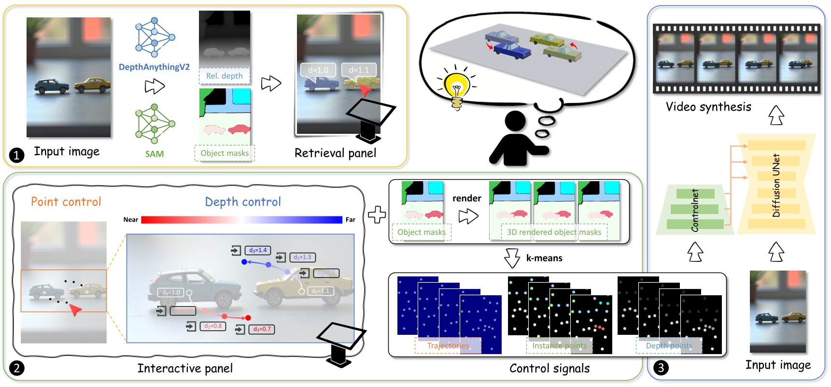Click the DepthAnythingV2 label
(154, 67)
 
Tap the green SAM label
(154, 154)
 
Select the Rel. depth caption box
(224, 76)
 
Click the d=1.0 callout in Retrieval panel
(318, 70)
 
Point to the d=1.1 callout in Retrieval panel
(358, 70)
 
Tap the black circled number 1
(16, 155)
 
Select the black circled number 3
(661, 368)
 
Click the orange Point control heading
(66, 201)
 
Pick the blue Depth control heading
(243, 201)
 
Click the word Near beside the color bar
(130, 219)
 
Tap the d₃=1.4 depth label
(258, 250)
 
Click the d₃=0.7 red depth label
(262, 329)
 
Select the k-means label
(544, 258)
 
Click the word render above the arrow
(466, 198)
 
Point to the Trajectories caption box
(448, 345)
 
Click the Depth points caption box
(669, 345)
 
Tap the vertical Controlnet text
(695, 210)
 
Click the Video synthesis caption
(708, 107)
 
